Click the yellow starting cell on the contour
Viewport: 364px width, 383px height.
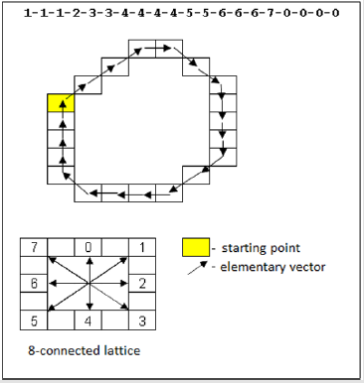(x=61, y=103)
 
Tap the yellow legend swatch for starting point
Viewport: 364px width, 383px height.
(x=196, y=247)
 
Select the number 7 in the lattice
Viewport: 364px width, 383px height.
(x=34, y=247)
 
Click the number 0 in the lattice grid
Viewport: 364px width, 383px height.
(x=88, y=247)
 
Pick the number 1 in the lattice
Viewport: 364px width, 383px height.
(x=142, y=247)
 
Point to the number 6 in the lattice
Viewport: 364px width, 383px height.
(x=34, y=284)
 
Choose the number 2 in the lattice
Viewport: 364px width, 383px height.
(x=142, y=284)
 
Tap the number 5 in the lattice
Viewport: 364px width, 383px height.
(x=34, y=320)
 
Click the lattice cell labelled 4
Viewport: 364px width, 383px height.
(x=88, y=320)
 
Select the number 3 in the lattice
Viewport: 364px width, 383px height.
(x=142, y=320)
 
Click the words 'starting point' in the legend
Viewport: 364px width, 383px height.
(x=261, y=248)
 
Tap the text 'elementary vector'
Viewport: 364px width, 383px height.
(x=273, y=267)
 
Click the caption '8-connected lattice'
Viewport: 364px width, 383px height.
(x=85, y=350)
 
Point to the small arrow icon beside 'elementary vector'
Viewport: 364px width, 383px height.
(x=197, y=268)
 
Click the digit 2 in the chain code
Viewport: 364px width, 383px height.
(x=77, y=13)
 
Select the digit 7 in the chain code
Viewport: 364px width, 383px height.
(x=271, y=13)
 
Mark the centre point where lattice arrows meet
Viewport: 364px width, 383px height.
(x=89, y=283)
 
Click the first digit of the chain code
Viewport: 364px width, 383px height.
(x=28, y=13)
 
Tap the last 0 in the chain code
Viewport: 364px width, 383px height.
(x=335, y=13)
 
